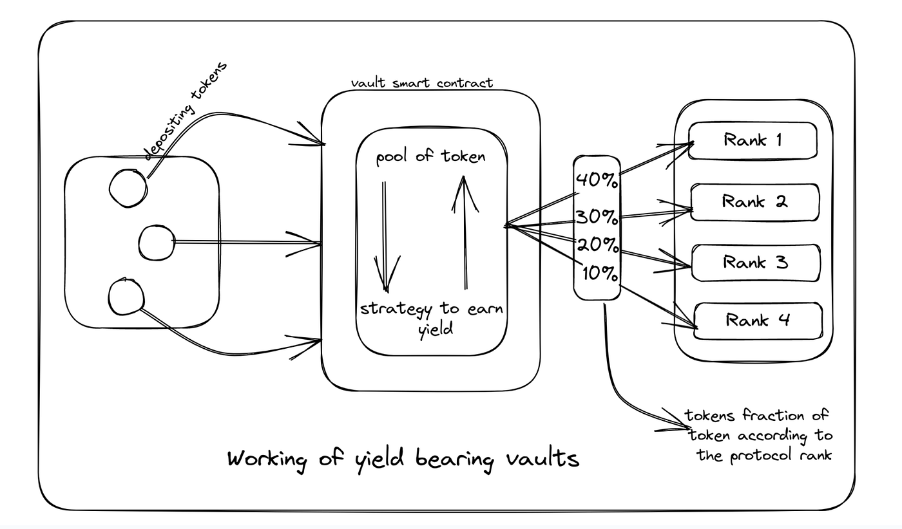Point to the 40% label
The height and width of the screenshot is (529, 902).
click(x=597, y=180)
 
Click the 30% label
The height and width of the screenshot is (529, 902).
click(x=597, y=217)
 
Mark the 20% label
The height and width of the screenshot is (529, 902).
click(x=598, y=244)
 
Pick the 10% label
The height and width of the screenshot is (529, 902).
click(x=600, y=274)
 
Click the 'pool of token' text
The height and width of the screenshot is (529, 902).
click(x=431, y=156)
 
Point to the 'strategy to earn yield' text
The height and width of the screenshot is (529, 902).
click(x=432, y=319)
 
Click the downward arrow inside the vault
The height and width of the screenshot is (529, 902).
click(x=385, y=237)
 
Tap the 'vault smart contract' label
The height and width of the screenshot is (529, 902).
click(x=421, y=83)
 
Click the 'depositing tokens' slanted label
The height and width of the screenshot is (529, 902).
click(x=186, y=111)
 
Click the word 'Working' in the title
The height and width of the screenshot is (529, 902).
click(x=267, y=459)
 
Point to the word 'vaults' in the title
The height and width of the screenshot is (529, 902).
click(x=542, y=458)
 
